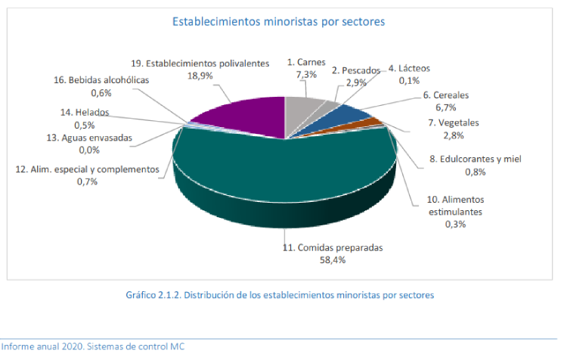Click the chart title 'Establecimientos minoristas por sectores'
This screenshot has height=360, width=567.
click(279, 22)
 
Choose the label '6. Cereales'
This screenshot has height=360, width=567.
click(446, 95)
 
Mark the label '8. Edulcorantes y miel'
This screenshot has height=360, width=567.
click(476, 159)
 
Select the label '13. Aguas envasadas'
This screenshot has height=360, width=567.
click(90, 138)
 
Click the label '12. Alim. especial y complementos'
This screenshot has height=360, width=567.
click(87, 170)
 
